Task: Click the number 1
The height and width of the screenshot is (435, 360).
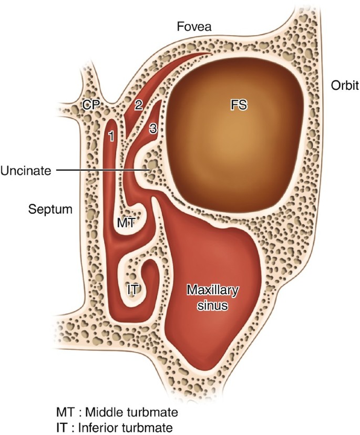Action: [111, 136]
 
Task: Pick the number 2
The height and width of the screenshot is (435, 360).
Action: [138, 105]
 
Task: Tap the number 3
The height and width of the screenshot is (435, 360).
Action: [153, 128]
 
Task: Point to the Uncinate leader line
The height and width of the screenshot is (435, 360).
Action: [100, 170]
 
